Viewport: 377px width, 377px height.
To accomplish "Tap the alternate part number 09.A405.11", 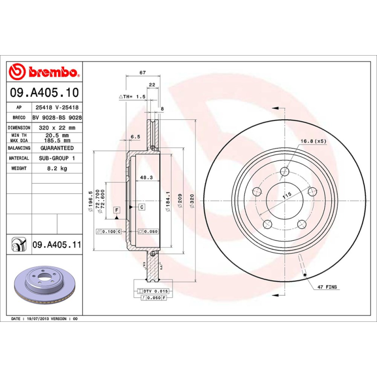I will [x=57, y=245].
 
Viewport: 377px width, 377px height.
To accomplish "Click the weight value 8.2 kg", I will [x=57, y=168].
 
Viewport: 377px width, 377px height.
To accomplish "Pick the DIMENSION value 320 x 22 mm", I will [x=57, y=128].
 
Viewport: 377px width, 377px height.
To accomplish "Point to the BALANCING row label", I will [x=19, y=148].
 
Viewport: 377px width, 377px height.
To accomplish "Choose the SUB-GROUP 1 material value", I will [x=57, y=158].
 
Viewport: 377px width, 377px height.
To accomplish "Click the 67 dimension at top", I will [x=142, y=73].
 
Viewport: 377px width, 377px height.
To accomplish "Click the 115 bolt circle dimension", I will [x=286, y=195].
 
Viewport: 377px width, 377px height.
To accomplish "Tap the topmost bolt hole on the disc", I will [x=284, y=172].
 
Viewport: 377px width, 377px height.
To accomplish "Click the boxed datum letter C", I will [x=141, y=207].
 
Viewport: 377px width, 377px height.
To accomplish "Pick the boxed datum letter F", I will [x=116, y=209].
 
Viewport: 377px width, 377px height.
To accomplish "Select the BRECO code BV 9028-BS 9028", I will [x=57, y=118].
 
